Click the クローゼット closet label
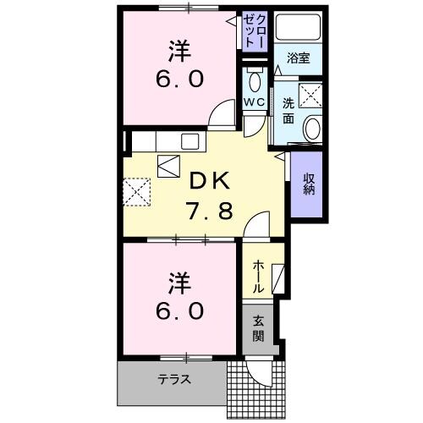(x=255, y=35)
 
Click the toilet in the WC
(x=255, y=81)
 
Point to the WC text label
(x=255, y=102)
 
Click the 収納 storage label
(x=310, y=184)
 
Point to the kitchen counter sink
(x=188, y=140)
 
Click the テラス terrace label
(x=173, y=380)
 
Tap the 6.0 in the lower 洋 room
(x=179, y=311)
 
